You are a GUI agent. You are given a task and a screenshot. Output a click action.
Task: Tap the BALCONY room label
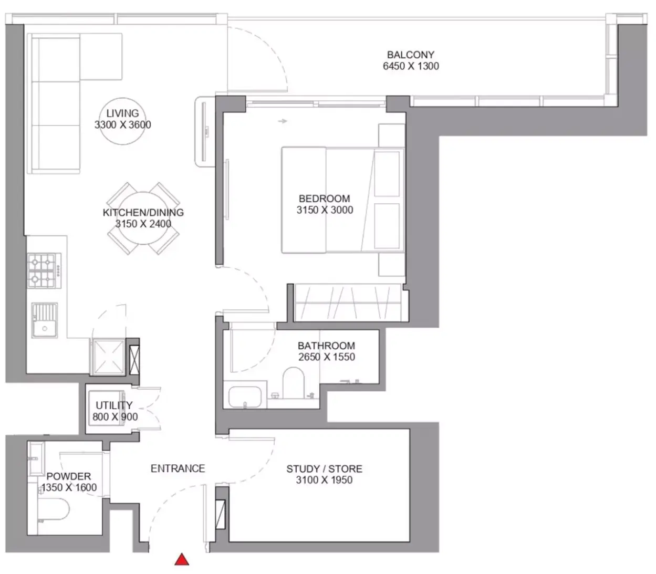(410, 55)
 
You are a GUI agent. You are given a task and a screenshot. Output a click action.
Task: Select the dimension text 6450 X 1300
(411, 66)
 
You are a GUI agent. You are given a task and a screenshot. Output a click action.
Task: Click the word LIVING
(122, 113)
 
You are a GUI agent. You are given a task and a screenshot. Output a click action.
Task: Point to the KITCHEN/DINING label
(143, 212)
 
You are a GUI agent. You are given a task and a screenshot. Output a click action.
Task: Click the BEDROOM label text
(324, 199)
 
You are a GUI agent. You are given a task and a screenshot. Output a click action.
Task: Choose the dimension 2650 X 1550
(326, 357)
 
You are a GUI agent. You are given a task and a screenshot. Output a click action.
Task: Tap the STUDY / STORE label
(324, 468)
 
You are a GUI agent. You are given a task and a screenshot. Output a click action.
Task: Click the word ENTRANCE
(178, 468)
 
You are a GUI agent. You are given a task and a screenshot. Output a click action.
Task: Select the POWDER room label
(69, 476)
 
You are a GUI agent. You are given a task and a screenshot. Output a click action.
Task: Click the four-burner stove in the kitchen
(44, 271)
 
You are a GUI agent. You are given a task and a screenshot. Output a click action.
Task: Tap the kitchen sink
(45, 320)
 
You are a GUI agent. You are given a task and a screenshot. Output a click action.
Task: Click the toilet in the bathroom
(293, 383)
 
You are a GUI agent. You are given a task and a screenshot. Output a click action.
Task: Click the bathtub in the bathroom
(245, 397)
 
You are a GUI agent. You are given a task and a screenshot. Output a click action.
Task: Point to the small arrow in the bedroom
(283, 121)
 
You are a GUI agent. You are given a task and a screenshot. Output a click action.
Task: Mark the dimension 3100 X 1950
(324, 480)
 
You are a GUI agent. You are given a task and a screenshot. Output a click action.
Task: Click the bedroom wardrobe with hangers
(348, 302)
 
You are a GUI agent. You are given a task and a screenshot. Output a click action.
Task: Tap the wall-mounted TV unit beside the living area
(205, 132)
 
